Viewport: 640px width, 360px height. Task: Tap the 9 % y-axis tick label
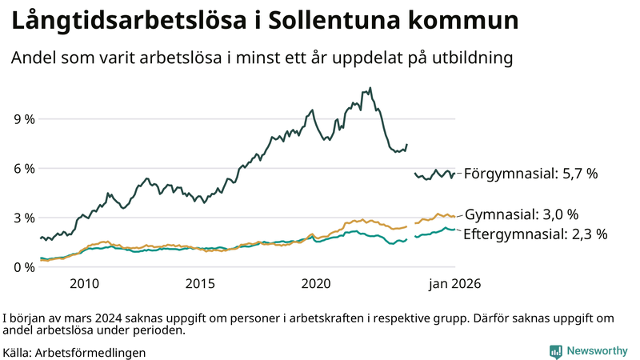point(24,119)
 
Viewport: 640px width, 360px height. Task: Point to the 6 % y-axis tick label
point(24,169)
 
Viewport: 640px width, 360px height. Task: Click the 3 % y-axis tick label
point(24,218)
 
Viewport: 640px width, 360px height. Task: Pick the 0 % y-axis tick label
point(24,267)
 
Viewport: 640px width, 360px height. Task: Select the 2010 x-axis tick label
point(84,283)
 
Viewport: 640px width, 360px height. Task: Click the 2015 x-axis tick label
point(201,283)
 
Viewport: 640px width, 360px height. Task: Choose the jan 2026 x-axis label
point(454,283)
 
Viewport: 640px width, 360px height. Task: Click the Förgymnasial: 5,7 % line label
point(530,174)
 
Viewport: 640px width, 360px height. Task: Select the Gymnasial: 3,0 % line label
point(521,214)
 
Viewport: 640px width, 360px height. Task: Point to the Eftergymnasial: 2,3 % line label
point(535,234)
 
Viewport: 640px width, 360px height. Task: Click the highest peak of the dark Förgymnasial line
point(370,88)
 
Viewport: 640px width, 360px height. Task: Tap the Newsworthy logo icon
point(555,351)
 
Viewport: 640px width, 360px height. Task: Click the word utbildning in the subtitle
point(471,58)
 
